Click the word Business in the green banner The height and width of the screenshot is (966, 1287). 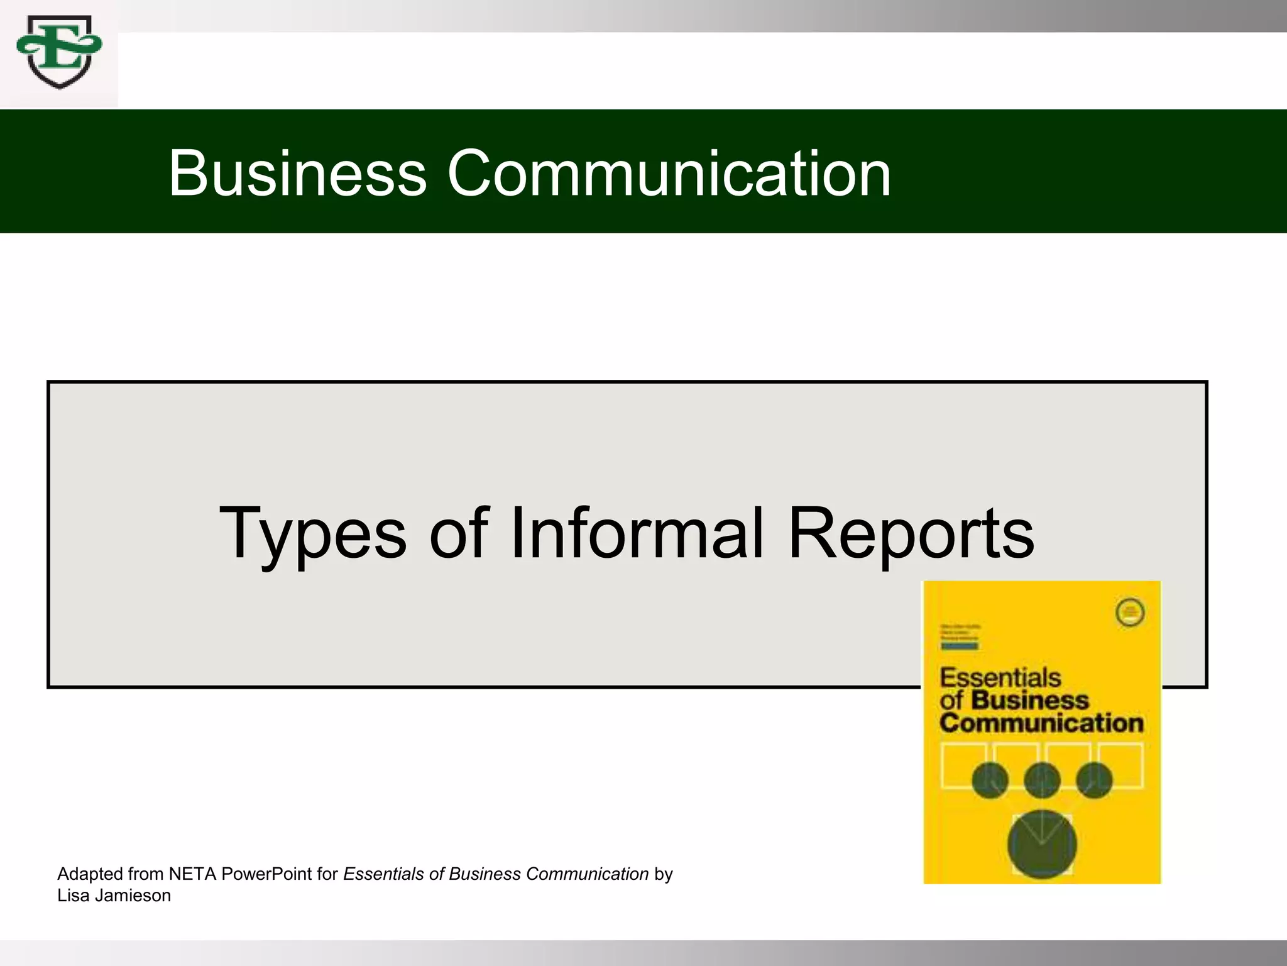point(297,173)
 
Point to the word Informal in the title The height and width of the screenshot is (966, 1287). point(637,533)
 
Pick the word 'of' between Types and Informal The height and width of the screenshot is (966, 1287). point(458,533)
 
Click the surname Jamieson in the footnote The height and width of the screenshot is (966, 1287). point(133,896)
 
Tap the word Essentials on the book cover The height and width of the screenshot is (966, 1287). point(1000,678)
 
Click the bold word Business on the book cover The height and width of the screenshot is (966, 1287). point(1030,700)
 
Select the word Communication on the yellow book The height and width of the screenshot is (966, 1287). point(1041,723)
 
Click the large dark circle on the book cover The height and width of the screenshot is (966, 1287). point(1042,845)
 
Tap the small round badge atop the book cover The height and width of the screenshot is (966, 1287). point(1129,613)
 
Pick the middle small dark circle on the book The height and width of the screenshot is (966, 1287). point(1042,780)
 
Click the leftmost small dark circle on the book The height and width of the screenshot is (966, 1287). point(990,780)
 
